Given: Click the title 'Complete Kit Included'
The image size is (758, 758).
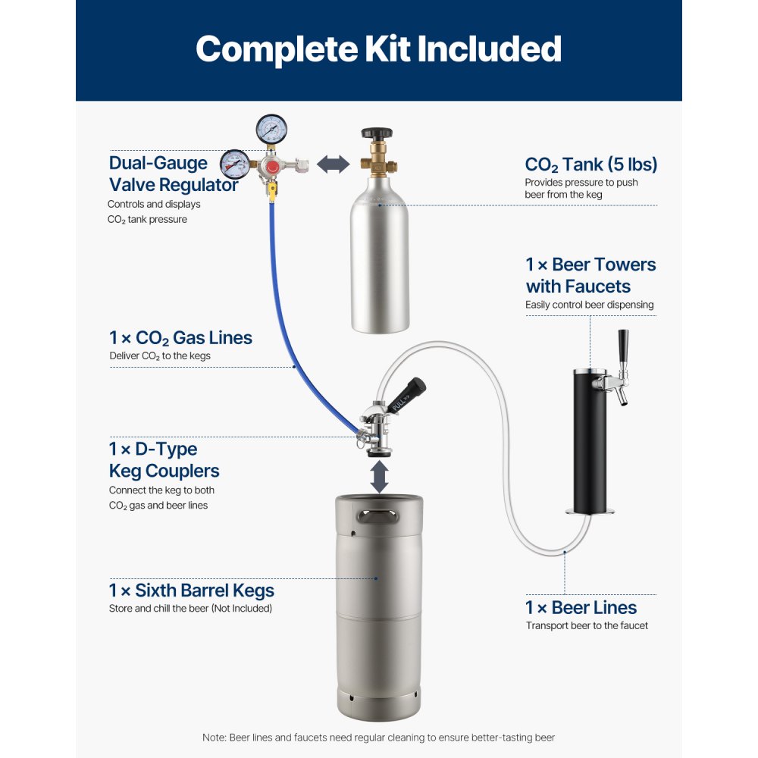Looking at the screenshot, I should [x=378, y=49].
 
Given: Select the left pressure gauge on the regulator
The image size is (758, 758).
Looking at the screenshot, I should [x=235, y=163].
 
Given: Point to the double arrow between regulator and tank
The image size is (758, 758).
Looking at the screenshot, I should [x=332, y=164].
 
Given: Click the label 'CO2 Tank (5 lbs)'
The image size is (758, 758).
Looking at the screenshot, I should [x=590, y=164].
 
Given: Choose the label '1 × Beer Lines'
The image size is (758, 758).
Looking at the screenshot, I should [x=581, y=607].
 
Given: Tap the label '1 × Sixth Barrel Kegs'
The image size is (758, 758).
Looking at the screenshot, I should [x=191, y=590].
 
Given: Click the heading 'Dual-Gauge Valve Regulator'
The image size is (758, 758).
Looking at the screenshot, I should [x=173, y=174].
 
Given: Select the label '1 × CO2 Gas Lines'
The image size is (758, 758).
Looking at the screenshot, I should [x=180, y=337].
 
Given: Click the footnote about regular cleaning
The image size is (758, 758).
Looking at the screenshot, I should [x=378, y=738].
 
